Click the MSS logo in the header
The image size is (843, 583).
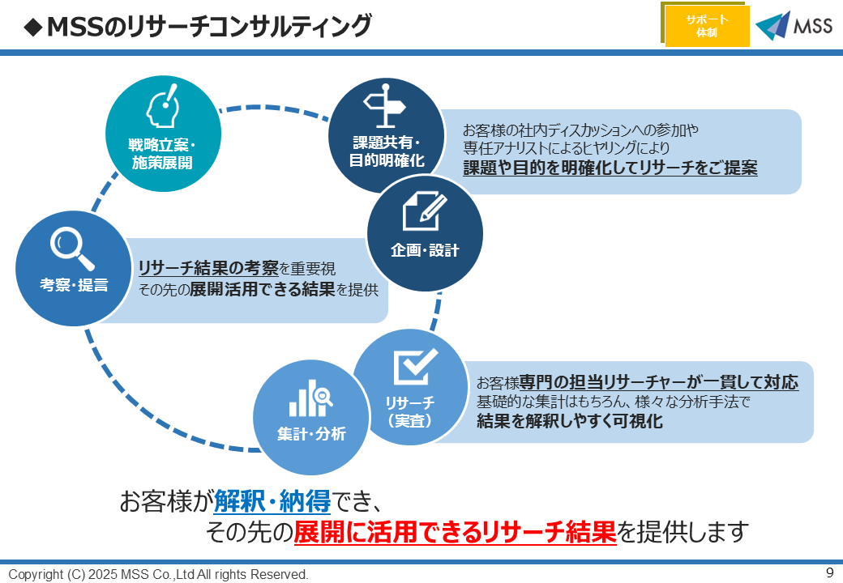coord(794,26)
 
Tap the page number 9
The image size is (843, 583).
coord(829,572)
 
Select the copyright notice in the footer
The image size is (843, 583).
coord(159,574)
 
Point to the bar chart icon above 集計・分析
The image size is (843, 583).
coord(311,398)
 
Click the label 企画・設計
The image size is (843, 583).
coord(425,250)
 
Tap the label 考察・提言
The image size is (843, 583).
coord(74,284)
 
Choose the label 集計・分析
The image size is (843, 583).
coord(311,434)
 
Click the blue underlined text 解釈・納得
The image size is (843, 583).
coord(272,502)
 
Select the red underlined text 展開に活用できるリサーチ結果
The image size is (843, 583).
coord(455,532)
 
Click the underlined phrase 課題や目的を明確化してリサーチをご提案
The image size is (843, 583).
coord(610,168)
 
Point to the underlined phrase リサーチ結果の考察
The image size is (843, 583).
coord(208,268)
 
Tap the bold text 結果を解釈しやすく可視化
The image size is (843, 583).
coord(570,421)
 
